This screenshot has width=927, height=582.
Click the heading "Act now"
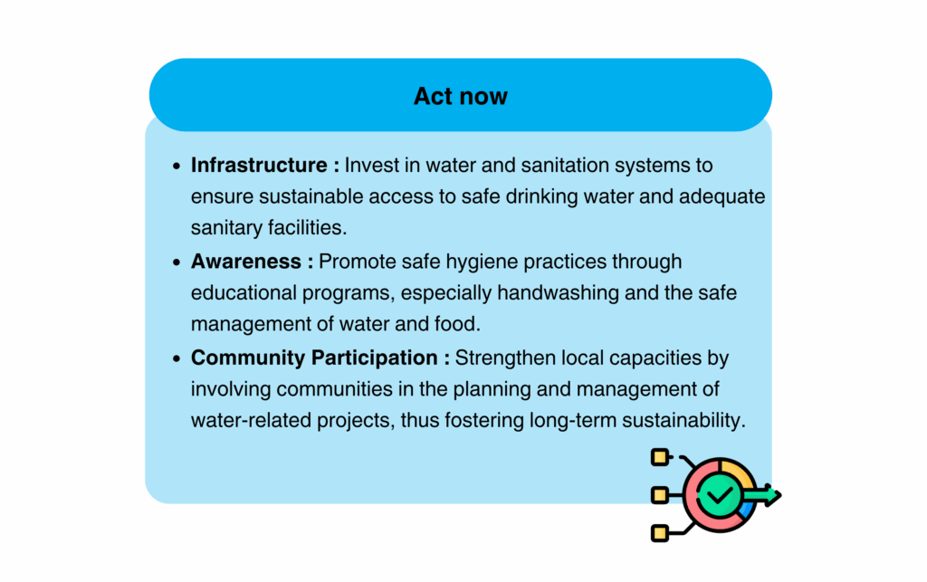pos(461,96)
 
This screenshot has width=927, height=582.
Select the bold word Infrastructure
pos(259,165)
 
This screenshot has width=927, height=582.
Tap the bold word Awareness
pos(246,262)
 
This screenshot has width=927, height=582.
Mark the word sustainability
pos(684,420)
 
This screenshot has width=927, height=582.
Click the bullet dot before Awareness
pos(177,262)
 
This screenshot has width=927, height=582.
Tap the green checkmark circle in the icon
pos(719,495)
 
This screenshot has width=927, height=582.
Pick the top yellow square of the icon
pos(660,457)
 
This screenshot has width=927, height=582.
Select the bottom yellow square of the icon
pos(660,533)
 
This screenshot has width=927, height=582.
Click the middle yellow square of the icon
pos(660,495)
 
